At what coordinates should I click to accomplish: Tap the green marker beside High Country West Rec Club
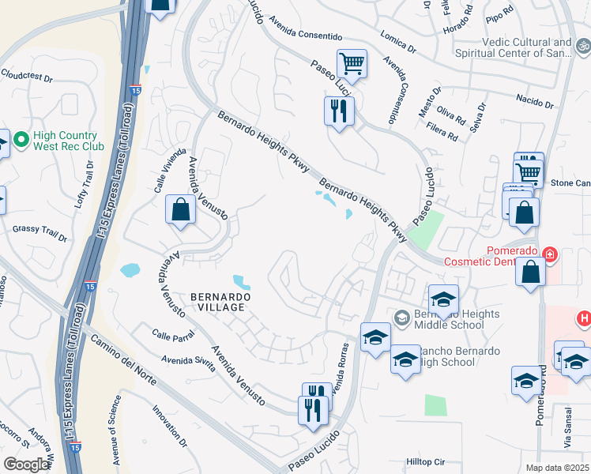click(x=21, y=141)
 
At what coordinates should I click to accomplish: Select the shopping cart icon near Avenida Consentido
click(x=352, y=63)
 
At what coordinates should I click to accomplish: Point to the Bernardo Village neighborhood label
click(x=220, y=303)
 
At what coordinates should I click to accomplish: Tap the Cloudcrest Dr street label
click(x=26, y=78)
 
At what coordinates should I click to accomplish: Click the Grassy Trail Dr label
click(x=40, y=233)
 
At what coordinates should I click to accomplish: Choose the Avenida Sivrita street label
click(x=187, y=361)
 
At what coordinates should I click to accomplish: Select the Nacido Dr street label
click(x=534, y=103)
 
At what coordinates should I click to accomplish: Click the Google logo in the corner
click(x=27, y=465)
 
